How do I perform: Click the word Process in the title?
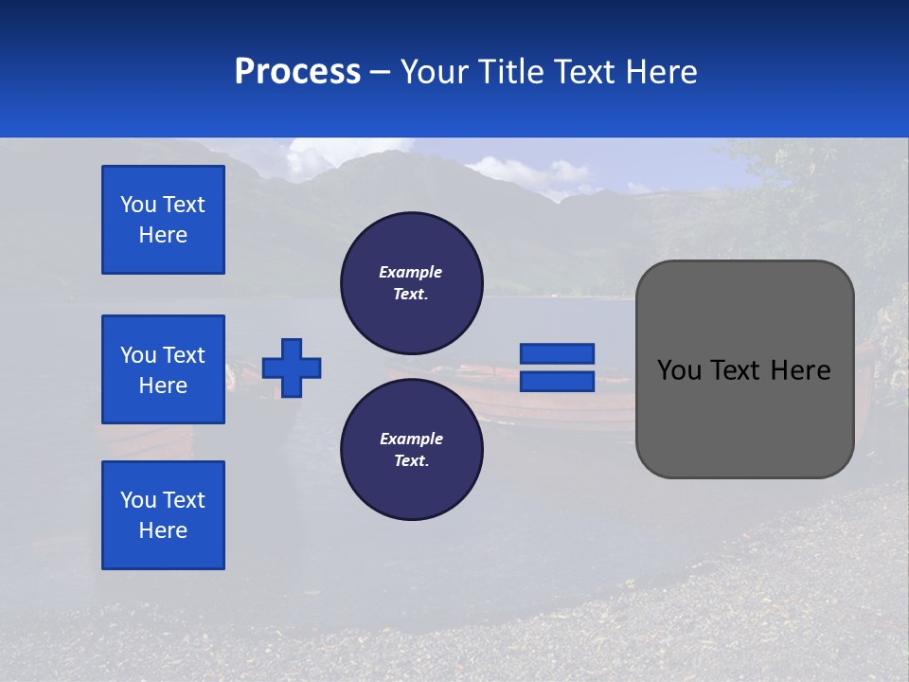(x=297, y=72)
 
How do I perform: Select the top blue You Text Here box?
(x=163, y=220)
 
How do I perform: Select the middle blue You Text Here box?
(x=163, y=369)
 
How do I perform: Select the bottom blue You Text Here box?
(x=163, y=515)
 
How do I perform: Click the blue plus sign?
(x=292, y=368)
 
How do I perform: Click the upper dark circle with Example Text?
(x=411, y=283)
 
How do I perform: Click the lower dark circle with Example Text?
(x=411, y=450)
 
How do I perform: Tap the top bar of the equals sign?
(x=557, y=353)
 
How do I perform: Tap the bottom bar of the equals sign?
(x=557, y=382)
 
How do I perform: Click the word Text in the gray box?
(x=743, y=370)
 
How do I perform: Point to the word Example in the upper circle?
(x=411, y=272)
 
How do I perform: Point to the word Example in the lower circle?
(x=411, y=439)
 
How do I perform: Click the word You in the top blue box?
(x=137, y=205)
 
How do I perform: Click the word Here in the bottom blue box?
(x=163, y=530)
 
